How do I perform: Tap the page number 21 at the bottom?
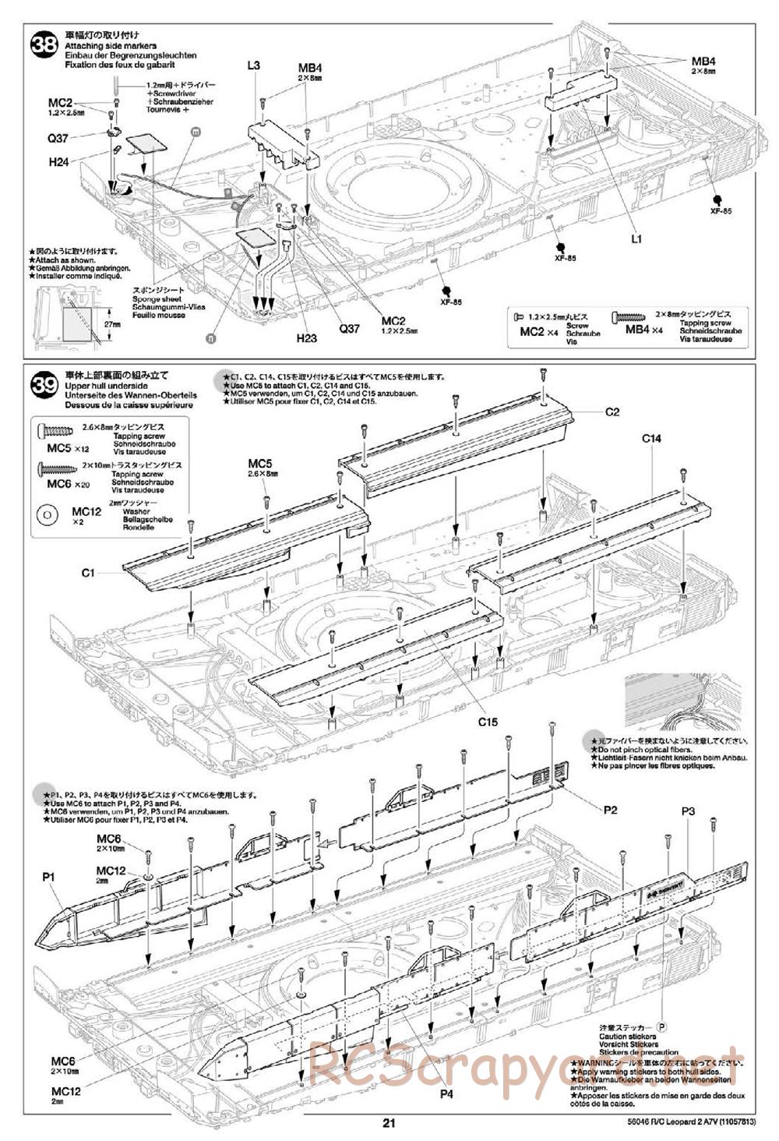[389, 1123]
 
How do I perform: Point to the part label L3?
[253, 65]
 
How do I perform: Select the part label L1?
[637, 239]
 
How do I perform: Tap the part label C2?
[612, 412]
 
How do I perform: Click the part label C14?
[651, 439]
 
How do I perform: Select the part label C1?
[87, 573]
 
